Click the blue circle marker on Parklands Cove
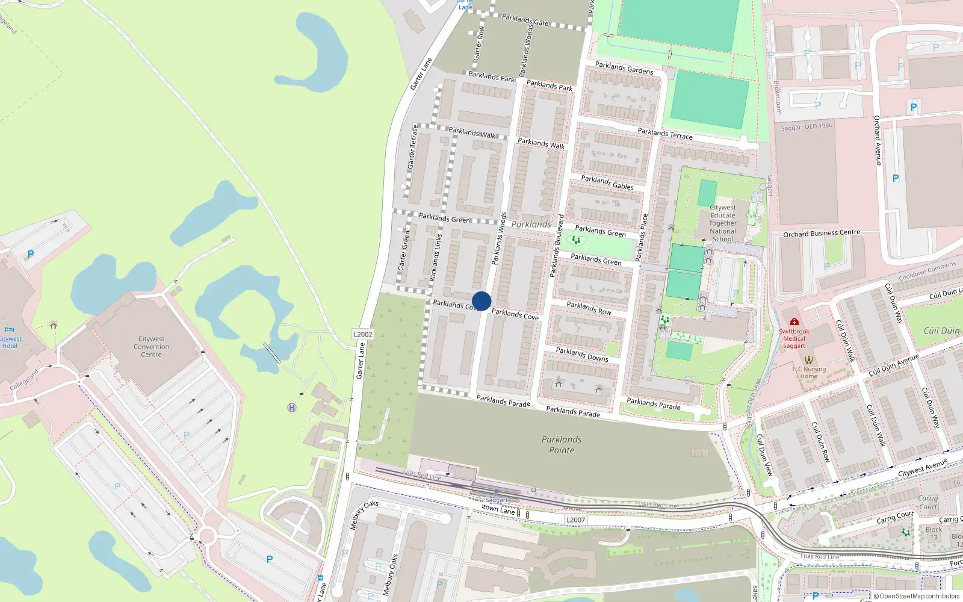click(x=482, y=301)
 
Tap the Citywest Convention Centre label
click(x=151, y=347)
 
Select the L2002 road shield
click(x=363, y=334)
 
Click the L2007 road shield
click(x=575, y=520)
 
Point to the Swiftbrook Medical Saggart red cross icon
click(x=794, y=322)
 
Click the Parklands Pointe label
click(x=562, y=445)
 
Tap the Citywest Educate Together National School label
click(x=722, y=223)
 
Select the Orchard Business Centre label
click(x=822, y=233)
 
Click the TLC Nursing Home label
click(x=809, y=373)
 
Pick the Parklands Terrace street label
click(x=665, y=134)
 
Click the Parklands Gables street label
click(x=607, y=182)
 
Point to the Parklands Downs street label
click(x=582, y=355)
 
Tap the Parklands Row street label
click(x=589, y=308)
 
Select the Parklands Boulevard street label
click(x=557, y=246)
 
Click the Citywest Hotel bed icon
click(x=10, y=329)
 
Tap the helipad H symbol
click(x=292, y=408)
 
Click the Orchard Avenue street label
click(x=878, y=140)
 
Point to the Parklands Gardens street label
click(x=624, y=67)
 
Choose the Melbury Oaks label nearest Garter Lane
click(x=364, y=515)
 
